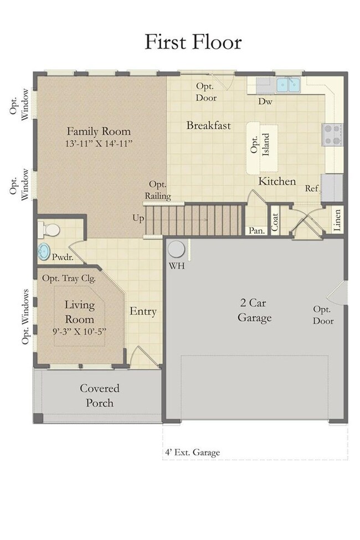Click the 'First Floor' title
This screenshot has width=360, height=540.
[x=193, y=42]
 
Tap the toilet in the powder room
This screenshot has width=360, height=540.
[x=49, y=230]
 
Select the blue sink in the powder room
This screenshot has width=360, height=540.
[x=44, y=252]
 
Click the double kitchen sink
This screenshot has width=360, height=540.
[x=288, y=84]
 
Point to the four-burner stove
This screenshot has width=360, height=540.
[x=332, y=135]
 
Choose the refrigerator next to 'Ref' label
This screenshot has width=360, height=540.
[x=332, y=188]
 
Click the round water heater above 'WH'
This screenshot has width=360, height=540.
[x=176, y=249]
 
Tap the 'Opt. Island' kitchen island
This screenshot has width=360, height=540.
[x=262, y=148]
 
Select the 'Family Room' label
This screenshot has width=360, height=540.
[x=99, y=131]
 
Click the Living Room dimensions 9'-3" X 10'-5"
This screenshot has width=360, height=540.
[x=80, y=332]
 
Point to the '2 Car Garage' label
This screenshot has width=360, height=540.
[x=254, y=310]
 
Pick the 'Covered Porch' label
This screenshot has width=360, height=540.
[x=100, y=395]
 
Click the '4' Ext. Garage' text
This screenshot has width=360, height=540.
[x=192, y=452]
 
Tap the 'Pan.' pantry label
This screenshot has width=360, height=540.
[x=256, y=230]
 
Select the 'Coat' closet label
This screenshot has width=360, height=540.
[x=275, y=222]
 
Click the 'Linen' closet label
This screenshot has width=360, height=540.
[x=337, y=220]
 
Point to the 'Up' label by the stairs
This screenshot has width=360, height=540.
[x=138, y=218]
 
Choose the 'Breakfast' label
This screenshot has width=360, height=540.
[x=208, y=125]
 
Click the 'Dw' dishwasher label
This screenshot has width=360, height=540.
[x=265, y=101]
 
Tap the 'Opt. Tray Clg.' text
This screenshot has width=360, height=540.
[x=69, y=278]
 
